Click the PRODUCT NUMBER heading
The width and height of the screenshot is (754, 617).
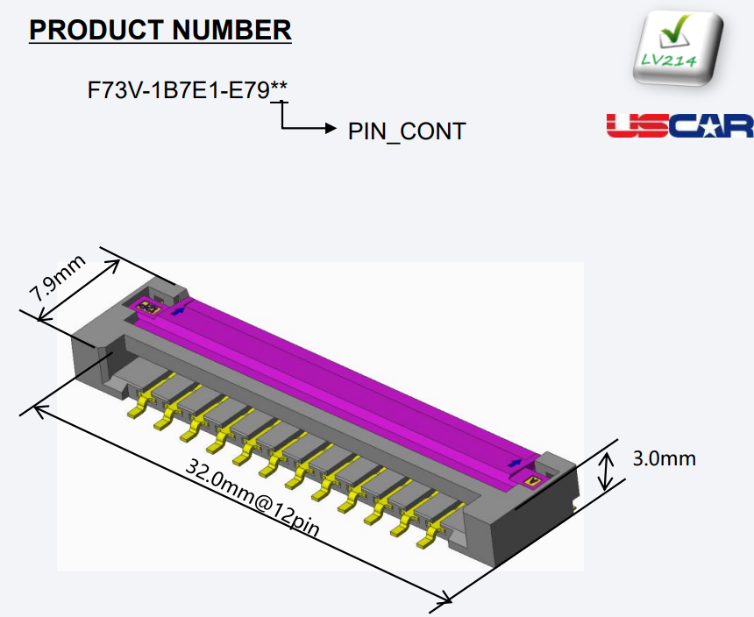tap(160, 30)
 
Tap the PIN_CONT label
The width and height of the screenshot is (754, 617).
tap(407, 131)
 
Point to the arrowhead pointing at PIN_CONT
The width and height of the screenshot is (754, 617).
tap(331, 129)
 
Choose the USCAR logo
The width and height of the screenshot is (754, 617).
tap(679, 125)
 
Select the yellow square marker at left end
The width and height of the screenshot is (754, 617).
tap(146, 308)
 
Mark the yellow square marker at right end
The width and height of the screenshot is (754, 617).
tap(531, 480)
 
